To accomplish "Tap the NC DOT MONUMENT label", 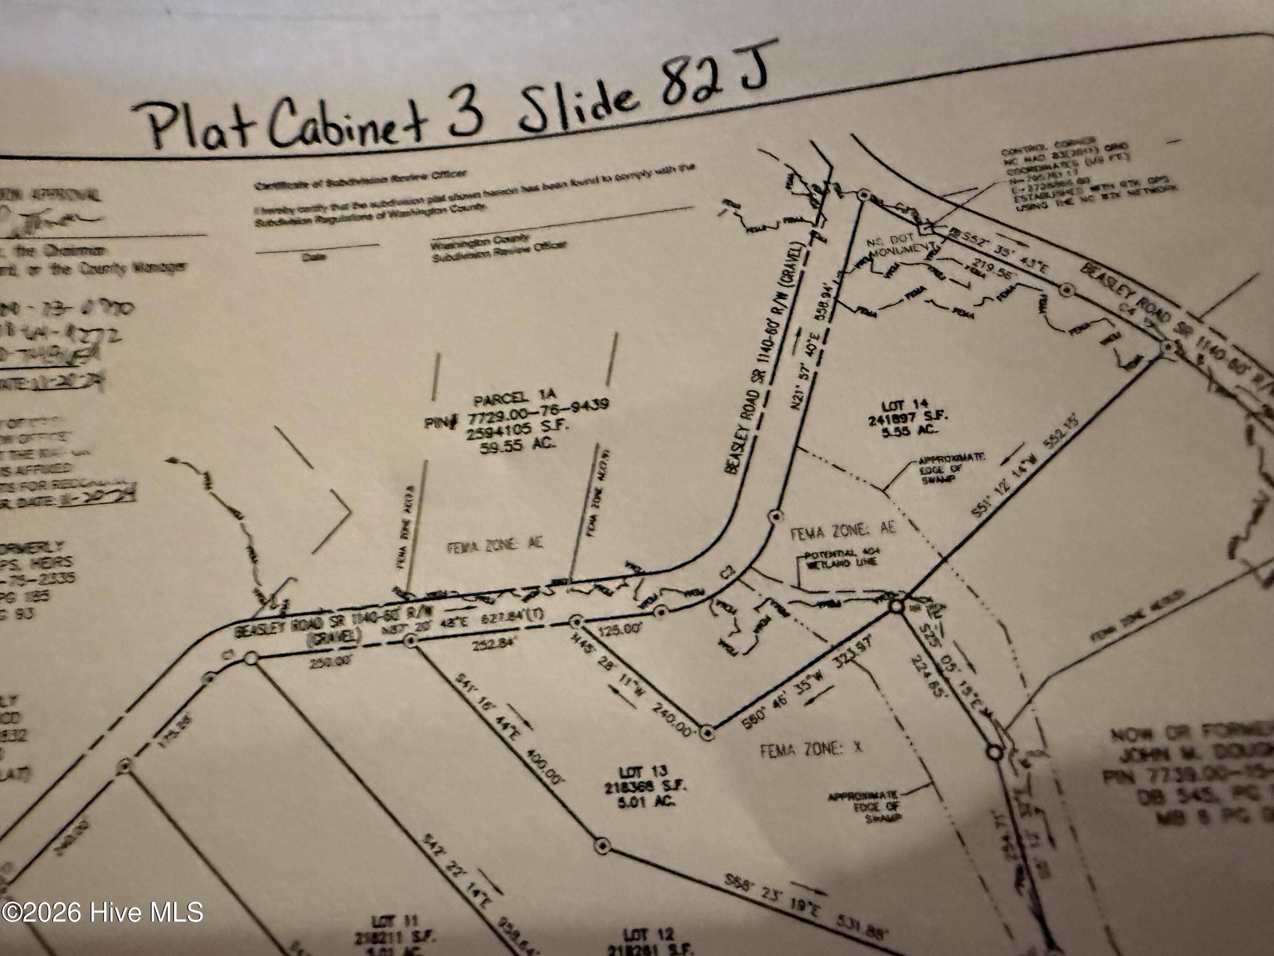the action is click(902, 246).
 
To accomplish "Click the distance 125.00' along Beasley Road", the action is click(619, 630).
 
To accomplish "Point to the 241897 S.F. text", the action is click(908, 419).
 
